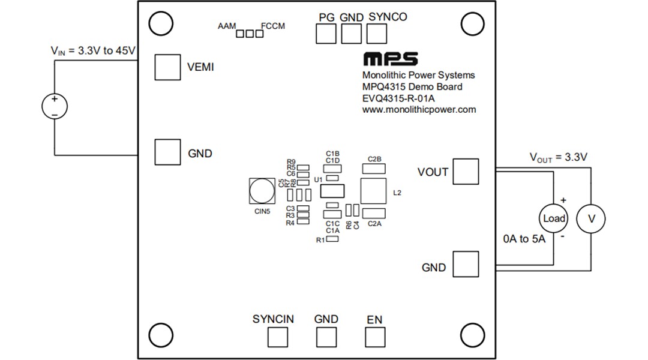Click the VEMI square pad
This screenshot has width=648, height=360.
[x=167, y=67]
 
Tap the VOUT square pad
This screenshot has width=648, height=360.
[x=466, y=172]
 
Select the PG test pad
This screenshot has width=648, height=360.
[x=326, y=34]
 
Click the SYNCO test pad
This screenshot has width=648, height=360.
[x=376, y=34]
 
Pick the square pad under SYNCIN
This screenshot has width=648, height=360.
[x=277, y=337]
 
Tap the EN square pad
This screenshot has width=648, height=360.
[x=374, y=337]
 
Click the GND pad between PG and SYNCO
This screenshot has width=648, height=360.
[x=351, y=34]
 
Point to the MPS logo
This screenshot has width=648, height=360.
[x=390, y=59]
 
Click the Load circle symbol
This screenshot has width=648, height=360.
[x=554, y=218]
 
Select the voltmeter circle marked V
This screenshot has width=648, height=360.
[x=591, y=219]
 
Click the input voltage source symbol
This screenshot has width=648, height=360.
[x=55, y=107]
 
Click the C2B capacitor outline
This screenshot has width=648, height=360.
[x=374, y=169]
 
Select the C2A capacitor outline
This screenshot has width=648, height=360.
[x=374, y=212]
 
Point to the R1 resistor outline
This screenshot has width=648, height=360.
[x=332, y=239]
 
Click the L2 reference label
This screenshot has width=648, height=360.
[x=397, y=193]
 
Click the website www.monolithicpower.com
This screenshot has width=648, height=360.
[x=419, y=110]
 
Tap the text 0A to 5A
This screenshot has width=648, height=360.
[x=524, y=239]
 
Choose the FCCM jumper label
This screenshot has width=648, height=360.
[x=273, y=26]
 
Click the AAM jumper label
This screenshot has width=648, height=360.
[x=227, y=26]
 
